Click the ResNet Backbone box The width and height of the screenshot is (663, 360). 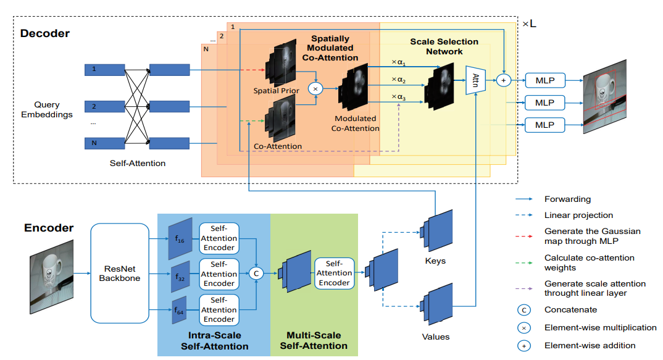click(x=120, y=273)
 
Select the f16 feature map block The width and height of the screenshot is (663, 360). click(x=180, y=238)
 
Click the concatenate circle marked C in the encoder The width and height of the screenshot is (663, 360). click(x=256, y=273)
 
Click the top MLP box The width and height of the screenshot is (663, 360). click(x=544, y=80)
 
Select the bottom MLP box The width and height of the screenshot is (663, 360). click(x=544, y=125)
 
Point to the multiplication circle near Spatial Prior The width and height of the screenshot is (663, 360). click(x=316, y=89)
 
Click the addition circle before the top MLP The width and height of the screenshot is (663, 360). click(x=504, y=80)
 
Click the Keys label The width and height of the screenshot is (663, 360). click(x=435, y=261)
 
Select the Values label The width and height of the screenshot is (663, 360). click(x=436, y=337)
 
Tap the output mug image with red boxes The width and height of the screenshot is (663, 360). click(x=604, y=97)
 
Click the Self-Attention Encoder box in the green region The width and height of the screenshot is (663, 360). click(x=334, y=273)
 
